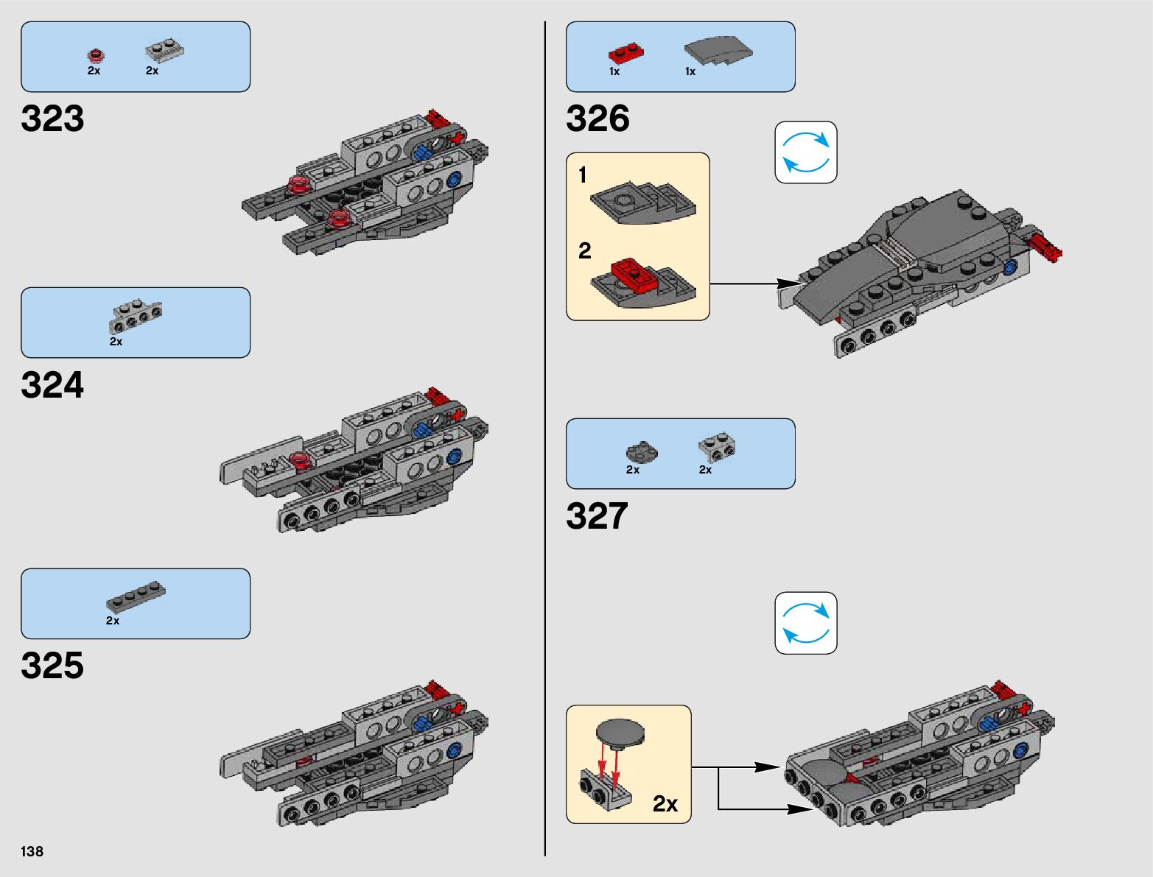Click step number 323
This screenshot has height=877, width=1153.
coord(52,119)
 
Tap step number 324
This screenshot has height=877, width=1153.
coord(52,385)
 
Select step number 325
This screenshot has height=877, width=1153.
coord(52,666)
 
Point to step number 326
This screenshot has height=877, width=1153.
coord(597,119)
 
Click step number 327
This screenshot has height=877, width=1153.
coord(597,516)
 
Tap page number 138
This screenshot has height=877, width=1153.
coord(32,851)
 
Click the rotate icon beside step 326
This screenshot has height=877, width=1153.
coord(806,152)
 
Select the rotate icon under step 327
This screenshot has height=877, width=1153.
coord(806,623)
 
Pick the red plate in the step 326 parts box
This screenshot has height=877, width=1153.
coord(625,54)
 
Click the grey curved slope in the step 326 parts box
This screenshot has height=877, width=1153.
coord(718,51)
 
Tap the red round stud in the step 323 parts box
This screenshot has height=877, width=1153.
coord(95,54)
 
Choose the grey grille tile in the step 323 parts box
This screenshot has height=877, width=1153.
coord(164,52)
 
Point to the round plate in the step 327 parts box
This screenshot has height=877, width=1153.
coord(641,452)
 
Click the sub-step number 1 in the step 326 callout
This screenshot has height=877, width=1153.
coord(583,175)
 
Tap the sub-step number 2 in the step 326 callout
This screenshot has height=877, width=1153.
coord(585,251)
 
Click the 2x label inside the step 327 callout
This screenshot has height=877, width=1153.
coord(665,803)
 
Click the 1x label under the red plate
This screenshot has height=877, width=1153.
coord(614,71)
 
